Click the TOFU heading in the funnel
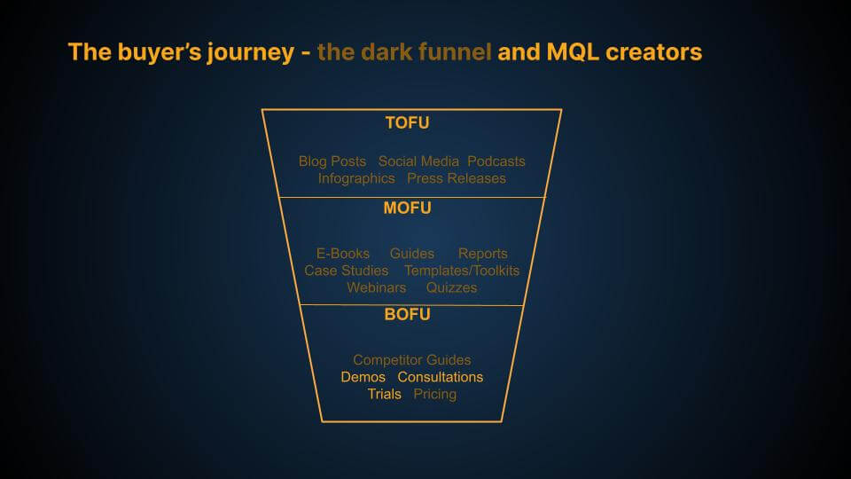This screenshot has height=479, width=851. [x=407, y=123]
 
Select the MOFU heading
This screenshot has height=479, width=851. [x=407, y=208]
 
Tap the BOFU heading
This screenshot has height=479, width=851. [x=407, y=314]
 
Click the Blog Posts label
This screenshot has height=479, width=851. [x=332, y=161]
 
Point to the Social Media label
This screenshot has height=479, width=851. [x=418, y=161]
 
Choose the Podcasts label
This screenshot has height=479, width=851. [x=496, y=161]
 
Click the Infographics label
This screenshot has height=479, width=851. [x=356, y=178]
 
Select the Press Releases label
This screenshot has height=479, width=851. [x=457, y=178]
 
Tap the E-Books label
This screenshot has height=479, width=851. [x=343, y=254]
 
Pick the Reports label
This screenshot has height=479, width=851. [x=483, y=254]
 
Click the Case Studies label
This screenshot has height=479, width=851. [x=346, y=271]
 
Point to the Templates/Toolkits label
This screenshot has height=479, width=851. [x=462, y=271]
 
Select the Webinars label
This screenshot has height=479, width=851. [x=376, y=288]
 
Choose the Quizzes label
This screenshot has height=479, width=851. [x=451, y=288]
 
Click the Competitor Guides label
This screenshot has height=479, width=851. [x=412, y=360]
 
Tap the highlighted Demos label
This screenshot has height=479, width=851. [x=363, y=377]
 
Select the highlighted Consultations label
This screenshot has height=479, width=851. [x=441, y=377]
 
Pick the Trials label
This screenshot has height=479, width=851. [x=385, y=394]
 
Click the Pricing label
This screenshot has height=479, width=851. [x=435, y=394]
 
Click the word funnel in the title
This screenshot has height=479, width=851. [x=457, y=52]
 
